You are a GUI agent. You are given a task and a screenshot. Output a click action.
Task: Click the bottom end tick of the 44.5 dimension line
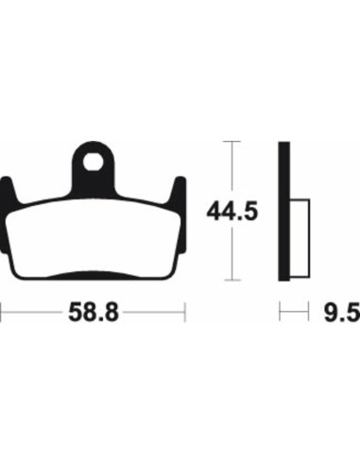(227, 281)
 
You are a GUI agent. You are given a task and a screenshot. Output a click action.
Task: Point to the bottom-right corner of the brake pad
(168, 276)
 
